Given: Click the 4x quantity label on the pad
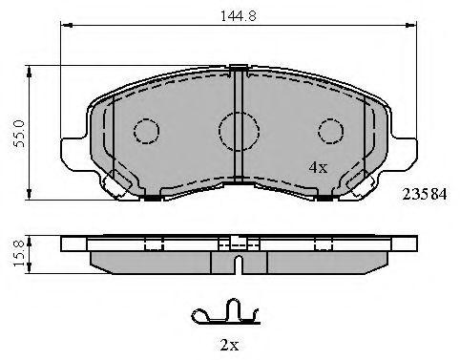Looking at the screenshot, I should [317, 167].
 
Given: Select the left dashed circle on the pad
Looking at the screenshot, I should [146, 131].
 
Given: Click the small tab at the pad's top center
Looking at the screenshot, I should [239, 67].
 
